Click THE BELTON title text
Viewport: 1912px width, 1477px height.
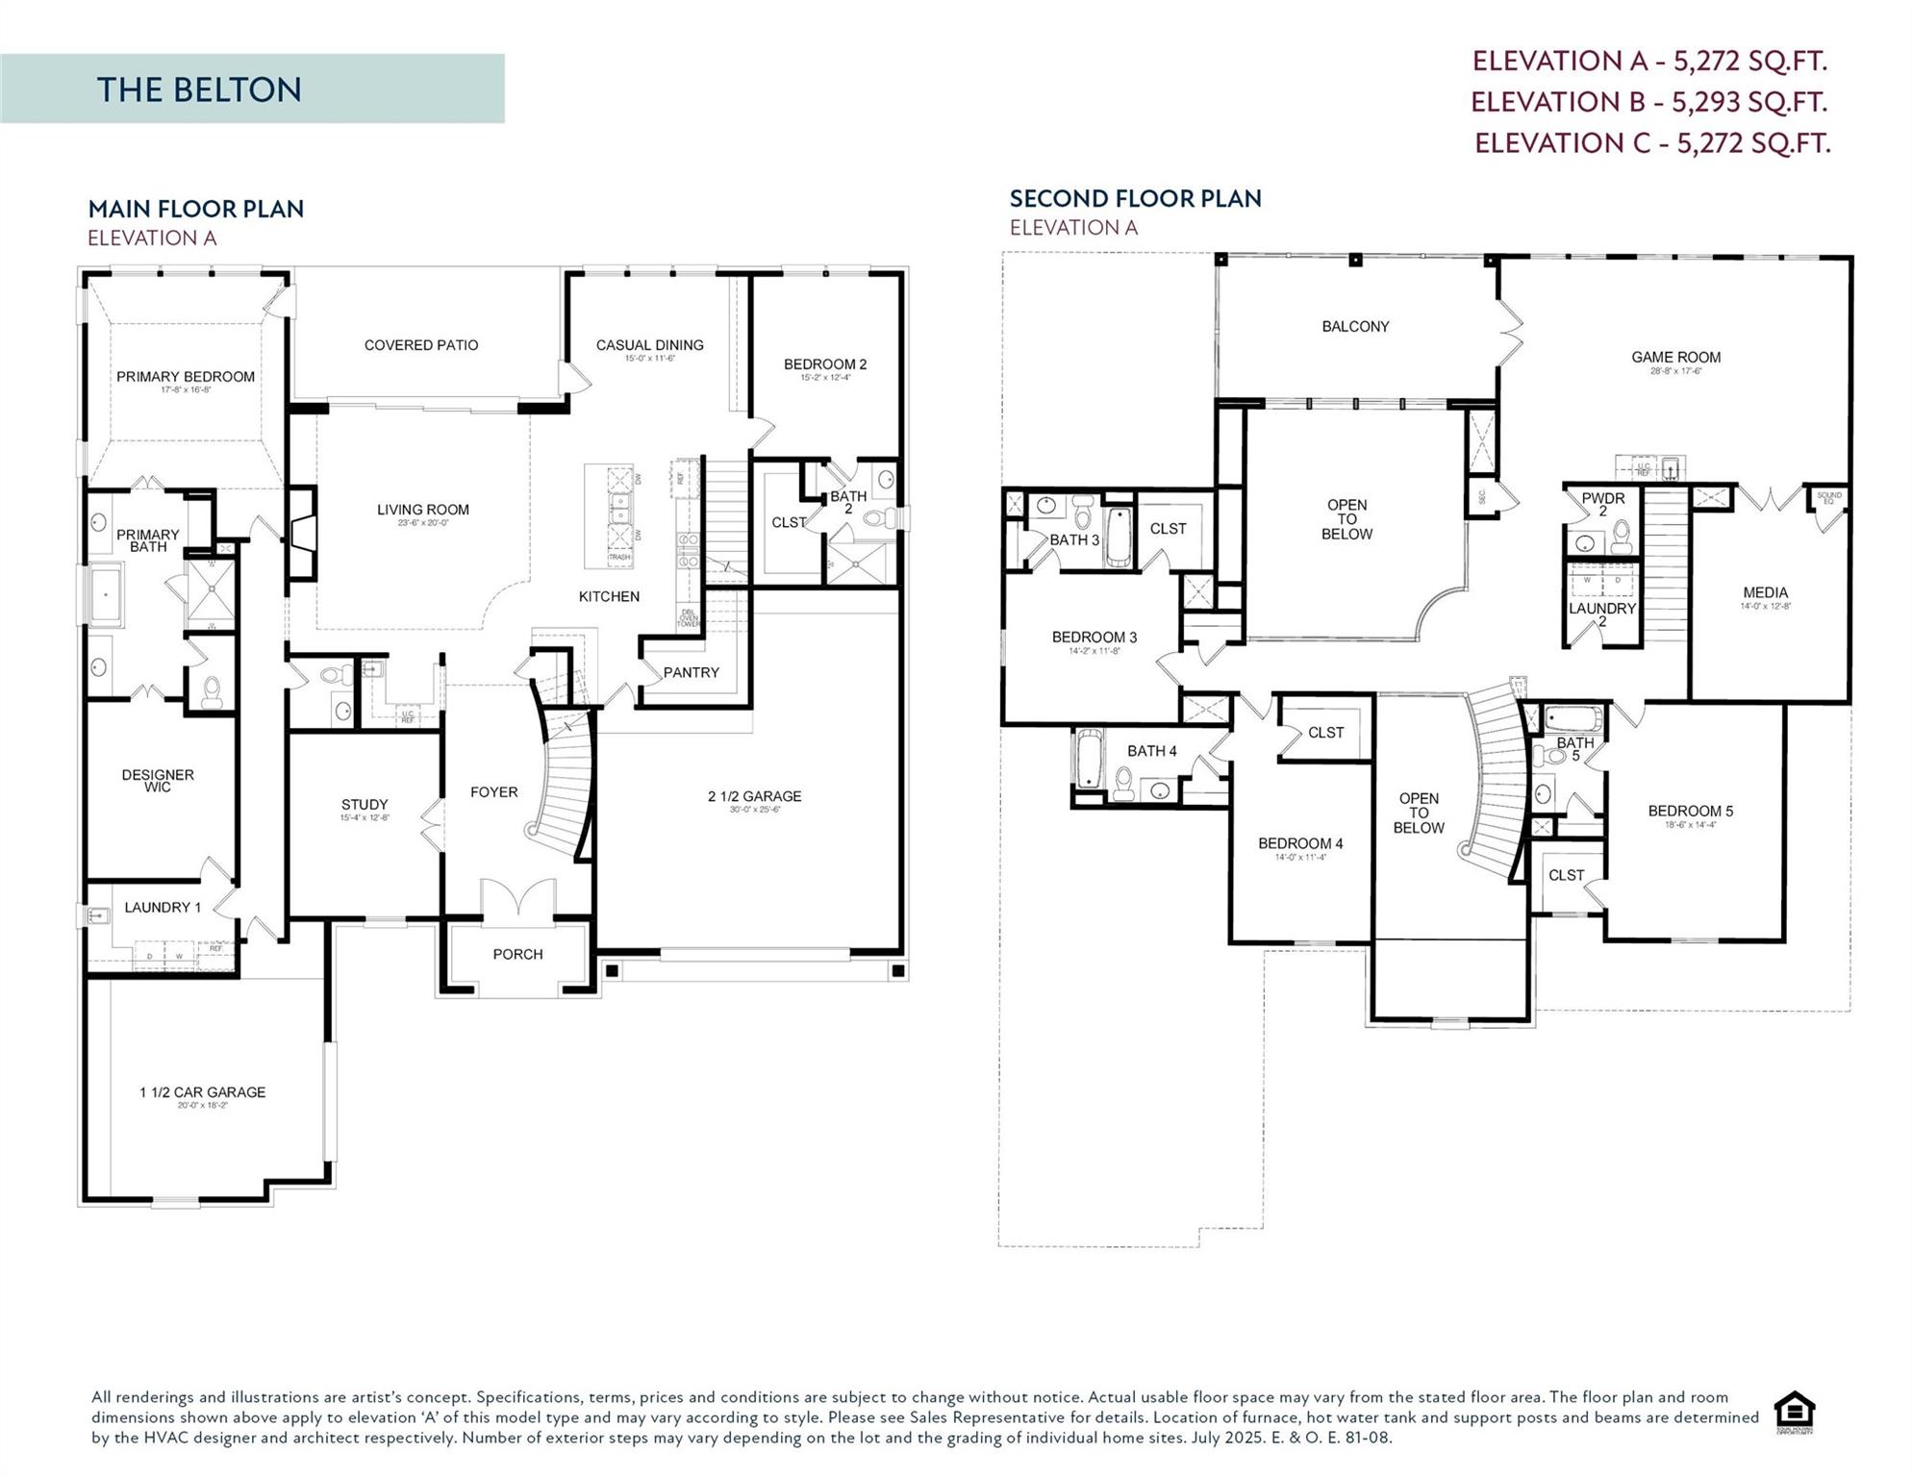click(x=199, y=89)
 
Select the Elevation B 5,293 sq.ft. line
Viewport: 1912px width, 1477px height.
click(x=1648, y=102)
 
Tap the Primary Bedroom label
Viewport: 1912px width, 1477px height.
click(x=186, y=377)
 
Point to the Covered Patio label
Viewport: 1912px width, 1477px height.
click(x=420, y=345)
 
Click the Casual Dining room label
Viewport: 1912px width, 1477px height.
click(x=649, y=345)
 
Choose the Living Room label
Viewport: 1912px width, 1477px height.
click(x=422, y=510)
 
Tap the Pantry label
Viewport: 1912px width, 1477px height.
click(x=691, y=672)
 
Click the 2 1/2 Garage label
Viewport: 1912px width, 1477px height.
click(x=754, y=796)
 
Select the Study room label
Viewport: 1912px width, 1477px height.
click(x=365, y=805)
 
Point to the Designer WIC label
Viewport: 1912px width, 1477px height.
click(x=158, y=780)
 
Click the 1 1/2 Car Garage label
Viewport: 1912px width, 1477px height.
click(x=202, y=1092)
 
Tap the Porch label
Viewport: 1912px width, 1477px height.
click(x=517, y=954)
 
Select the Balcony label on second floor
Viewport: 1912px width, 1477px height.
click(x=1354, y=327)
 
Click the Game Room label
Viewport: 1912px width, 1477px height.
click(x=1675, y=358)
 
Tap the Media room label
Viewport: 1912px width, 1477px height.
click(x=1765, y=593)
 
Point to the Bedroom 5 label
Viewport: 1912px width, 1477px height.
click(x=1690, y=812)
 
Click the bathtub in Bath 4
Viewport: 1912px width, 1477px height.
click(x=1088, y=760)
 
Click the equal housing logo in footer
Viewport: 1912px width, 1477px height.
click(x=1794, y=1413)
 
